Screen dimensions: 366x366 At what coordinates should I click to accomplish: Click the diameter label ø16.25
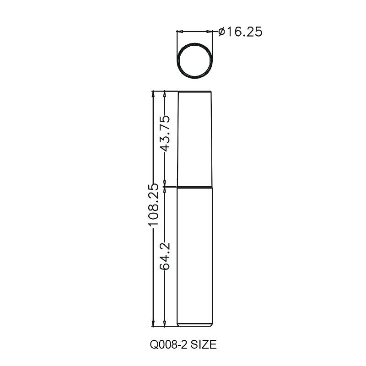tap(240, 32)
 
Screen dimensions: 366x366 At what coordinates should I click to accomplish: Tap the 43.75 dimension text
tap(165, 133)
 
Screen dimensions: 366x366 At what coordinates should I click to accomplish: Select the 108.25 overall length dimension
tap(153, 204)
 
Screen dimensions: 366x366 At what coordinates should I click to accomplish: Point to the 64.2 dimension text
tap(165, 256)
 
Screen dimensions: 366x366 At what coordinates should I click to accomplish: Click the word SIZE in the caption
tap(204, 344)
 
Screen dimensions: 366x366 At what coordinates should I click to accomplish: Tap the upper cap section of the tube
tap(195, 139)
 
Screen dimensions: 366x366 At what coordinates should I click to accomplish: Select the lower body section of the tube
tap(195, 257)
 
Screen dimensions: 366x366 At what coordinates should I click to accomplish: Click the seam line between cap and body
tap(195, 187)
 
